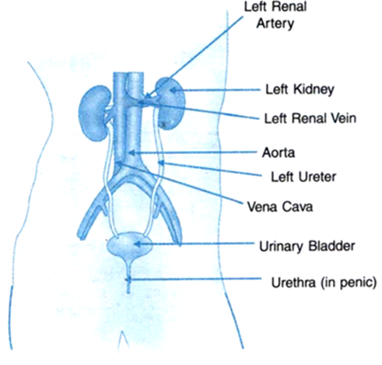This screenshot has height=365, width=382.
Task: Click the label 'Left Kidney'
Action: pyautogui.click(x=300, y=89)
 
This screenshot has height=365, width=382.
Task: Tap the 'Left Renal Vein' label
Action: pyautogui.click(x=310, y=118)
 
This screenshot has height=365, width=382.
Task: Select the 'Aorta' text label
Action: pyautogui.click(x=279, y=153)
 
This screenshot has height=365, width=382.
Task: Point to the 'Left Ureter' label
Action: pyautogui.click(x=303, y=177)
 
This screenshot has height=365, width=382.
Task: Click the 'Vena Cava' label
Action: pyautogui.click(x=280, y=207)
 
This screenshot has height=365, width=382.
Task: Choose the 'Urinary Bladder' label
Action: pyautogui.click(x=307, y=246)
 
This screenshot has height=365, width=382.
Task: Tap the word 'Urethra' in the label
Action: pyautogui.click(x=293, y=282)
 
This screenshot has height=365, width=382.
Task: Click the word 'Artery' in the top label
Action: pyautogui.click(x=275, y=24)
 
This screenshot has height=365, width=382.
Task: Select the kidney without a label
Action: pyautogui.click(x=95, y=114)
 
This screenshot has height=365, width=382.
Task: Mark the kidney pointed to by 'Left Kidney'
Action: pyautogui.click(x=170, y=104)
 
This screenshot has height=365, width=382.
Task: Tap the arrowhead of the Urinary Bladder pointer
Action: pyautogui.click(x=137, y=244)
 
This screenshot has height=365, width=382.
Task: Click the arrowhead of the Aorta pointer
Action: pyautogui.click(x=131, y=153)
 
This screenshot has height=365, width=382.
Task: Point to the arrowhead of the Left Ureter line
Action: pyautogui.click(x=161, y=163)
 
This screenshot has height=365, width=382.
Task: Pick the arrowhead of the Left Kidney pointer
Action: pyautogui.click(x=173, y=90)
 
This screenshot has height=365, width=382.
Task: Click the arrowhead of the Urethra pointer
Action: pyautogui.click(x=128, y=279)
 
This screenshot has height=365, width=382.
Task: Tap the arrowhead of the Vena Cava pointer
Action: pyautogui.click(x=119, y=163)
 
